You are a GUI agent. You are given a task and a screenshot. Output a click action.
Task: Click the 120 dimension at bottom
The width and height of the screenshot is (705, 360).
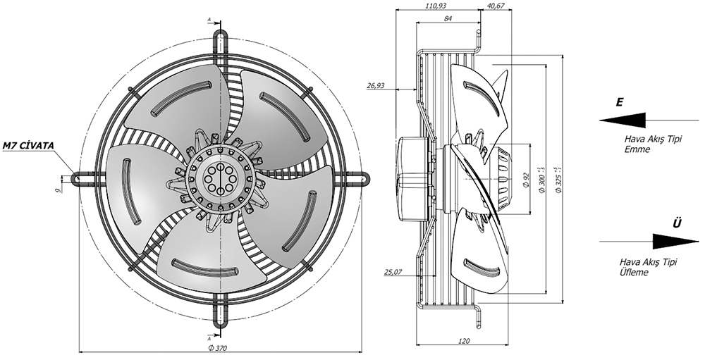click(463, 340)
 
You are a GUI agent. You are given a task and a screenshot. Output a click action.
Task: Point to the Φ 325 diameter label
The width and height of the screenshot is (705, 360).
click(557, 176)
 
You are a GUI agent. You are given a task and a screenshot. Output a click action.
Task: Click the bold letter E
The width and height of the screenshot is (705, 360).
click(619, 102)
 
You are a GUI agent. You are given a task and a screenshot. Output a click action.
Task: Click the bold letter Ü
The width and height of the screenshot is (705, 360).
click(678, 223)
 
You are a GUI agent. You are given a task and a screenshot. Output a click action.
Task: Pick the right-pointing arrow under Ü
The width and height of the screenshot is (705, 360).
click(649, 242)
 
